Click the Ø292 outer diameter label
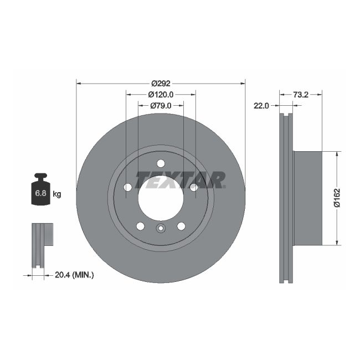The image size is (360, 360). (x=160, y=84)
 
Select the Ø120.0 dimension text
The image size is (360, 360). (x=161, y=95)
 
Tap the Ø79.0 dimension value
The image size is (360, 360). (x=161, y=105)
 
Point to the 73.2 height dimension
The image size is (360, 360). (x=301, y=95)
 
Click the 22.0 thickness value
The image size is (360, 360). (x=261, y=106)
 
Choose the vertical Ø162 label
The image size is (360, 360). (x=336, y=198)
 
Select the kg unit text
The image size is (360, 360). (x=56, y=194)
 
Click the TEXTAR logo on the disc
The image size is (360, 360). (x=181, y=179)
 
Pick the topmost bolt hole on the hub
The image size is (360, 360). (x=161, y=163)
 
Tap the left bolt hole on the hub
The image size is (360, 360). (x=127, y=187)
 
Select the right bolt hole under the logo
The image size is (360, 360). (x=194, y=187)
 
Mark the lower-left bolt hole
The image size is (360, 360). (x=140, y=226)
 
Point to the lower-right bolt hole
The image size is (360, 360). (x=181, y=226)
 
